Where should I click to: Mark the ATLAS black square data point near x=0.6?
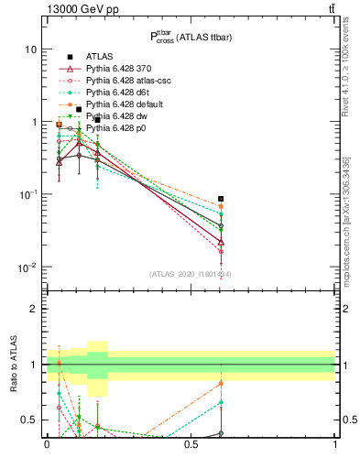pos(221,199)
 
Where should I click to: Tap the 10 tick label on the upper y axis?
pos(30,49)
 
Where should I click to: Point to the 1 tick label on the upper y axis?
pos(33,122)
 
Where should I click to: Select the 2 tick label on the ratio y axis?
pos(34,310)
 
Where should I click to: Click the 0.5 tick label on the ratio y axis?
pos(29,420)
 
